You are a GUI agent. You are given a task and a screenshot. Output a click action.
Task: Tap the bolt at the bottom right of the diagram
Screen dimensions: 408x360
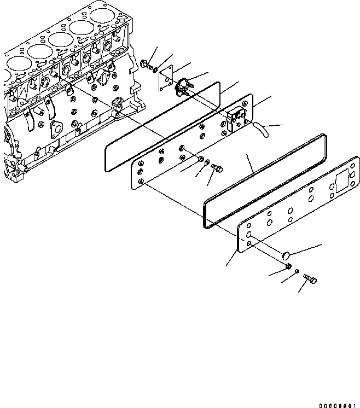[311, 280]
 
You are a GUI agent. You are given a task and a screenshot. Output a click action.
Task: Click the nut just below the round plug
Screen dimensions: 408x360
[287, 266]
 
